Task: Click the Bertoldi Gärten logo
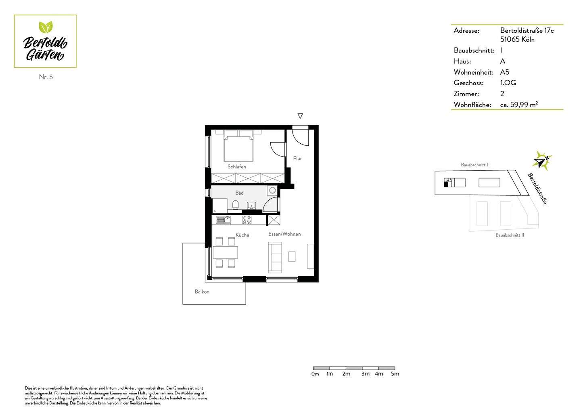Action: pyautogui.click(x=45, y=41)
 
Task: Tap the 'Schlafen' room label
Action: pyautogui.click(x=236, y=166)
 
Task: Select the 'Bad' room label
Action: pyautogui.click(x=239, y=193)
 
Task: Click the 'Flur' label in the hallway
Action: pyautogui.click(x=297, y=158)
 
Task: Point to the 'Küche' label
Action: pyautogui.click(x=242, y=235)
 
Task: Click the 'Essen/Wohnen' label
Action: pyautogui.click(x=284, y=234)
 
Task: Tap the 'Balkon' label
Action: pyautogui.click(x=202, y=291)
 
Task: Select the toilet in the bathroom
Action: pyautogui.click(x=236, y=205)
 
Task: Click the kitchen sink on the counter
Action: pyautogui.click(x=223, y=220)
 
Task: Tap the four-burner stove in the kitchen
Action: pyautogui.click(x=247, y=220)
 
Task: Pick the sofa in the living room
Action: pyautogui.click(x=275, y=257)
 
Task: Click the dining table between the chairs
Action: pyautogui.click(x=225, y=252)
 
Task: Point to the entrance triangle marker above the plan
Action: pyautogui.click(x=300, y=116)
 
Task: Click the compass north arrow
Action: pyautogui.click(x=542, y=160)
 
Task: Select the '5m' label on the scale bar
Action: pyautogui.click(x=395, y=374)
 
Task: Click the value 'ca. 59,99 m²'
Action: pyautogui.click(x=518, y=105)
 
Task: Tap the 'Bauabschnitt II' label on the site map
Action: pyautogui.click(x=510, y=235)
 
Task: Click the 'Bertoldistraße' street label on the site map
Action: pyautogui.click(x=537, y=189)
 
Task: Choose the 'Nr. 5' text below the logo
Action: pyautogui.click(x=46, y=77)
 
